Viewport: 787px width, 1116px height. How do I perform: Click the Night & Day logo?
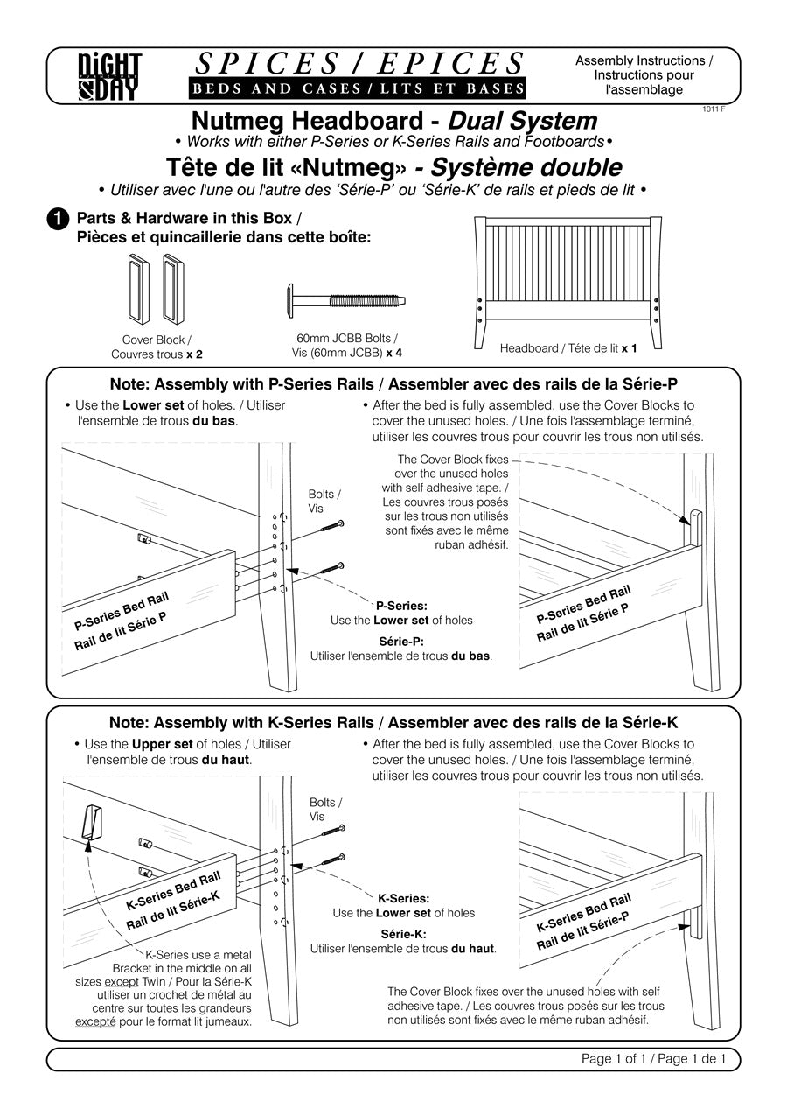109,77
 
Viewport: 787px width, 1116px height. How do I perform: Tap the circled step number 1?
58,220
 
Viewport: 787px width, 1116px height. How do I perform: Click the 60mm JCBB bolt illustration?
347,300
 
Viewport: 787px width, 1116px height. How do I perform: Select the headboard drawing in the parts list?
568,283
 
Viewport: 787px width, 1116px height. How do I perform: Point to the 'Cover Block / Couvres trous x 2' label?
157,347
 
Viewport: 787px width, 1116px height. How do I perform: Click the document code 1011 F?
714,109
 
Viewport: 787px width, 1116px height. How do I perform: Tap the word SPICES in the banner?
268,64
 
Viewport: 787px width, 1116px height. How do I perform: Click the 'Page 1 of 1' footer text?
613,1058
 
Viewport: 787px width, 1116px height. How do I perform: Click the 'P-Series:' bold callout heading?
401,606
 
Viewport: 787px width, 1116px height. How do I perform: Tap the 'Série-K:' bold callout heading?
403,934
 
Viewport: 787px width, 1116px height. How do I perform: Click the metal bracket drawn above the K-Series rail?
91,822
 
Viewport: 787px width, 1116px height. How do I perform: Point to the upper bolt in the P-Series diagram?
332,526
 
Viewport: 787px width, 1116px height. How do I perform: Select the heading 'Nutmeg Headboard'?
307,121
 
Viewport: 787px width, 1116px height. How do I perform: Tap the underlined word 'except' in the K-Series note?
122,980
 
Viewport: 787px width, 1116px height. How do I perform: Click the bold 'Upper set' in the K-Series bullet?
163,744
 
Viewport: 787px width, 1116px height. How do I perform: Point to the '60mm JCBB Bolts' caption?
344,338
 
